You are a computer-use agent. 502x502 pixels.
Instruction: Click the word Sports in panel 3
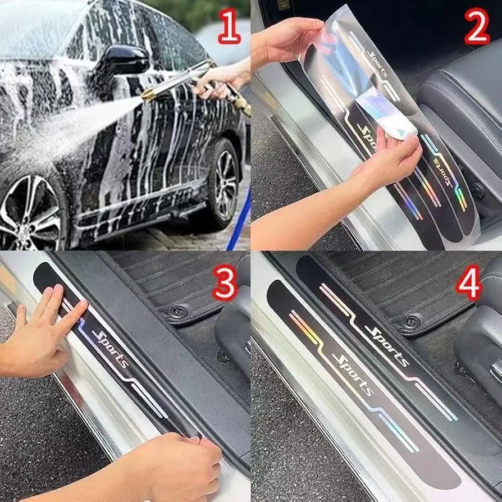[110, 348]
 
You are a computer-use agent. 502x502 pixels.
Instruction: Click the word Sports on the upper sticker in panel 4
[387, 343]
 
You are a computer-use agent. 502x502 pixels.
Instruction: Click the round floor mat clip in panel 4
[412, 321]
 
